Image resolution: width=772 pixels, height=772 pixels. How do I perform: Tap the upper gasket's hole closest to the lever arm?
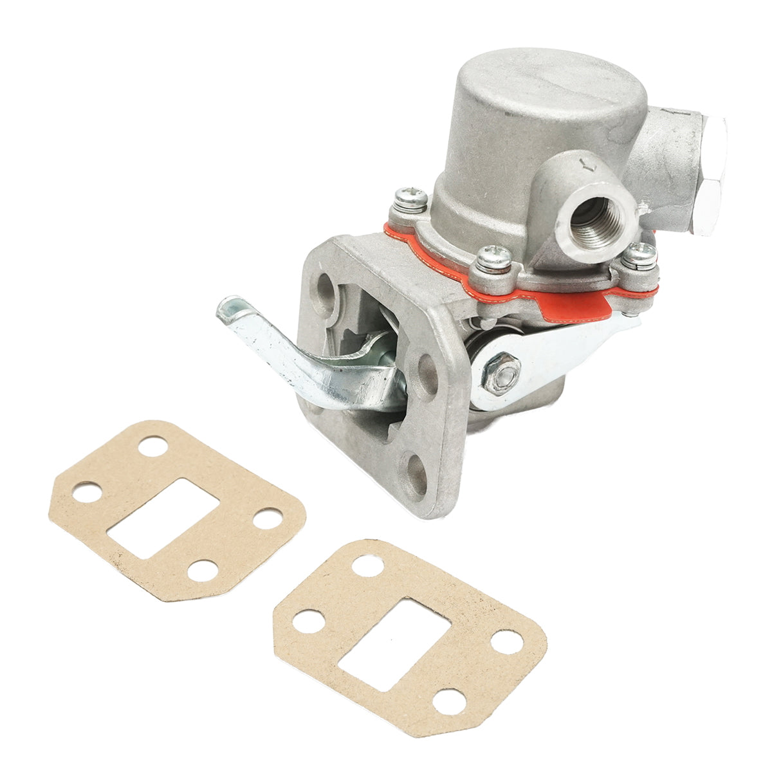click(x=153, y=446)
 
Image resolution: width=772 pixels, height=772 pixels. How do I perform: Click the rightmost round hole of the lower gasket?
click(x=507, y=641)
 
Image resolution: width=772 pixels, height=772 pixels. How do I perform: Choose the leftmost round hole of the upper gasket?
click(x=87, y=493)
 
